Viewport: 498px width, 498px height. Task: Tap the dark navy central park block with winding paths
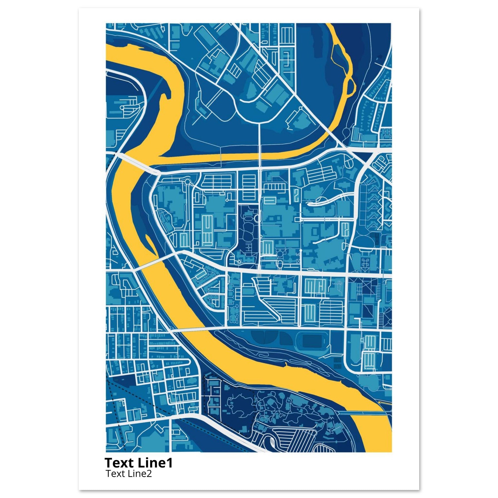246,232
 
